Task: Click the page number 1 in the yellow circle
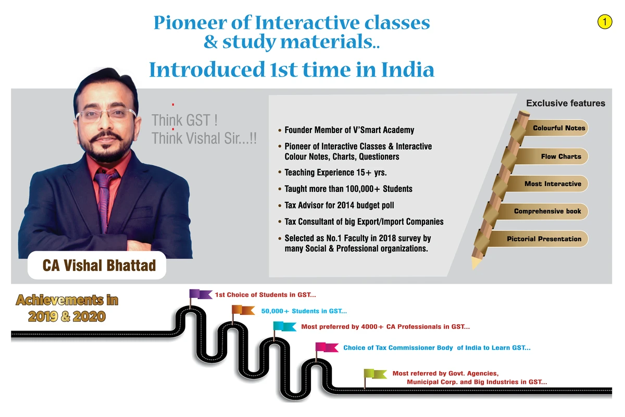pyautogui.click(x=604, y=22)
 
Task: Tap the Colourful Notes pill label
pyautogui.click(x=559, y=128)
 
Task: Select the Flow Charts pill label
pyautogui.click(x=560, y=156)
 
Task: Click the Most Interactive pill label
pyautogui.click(x=553, y=184)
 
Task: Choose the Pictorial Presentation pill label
pyautogui.click(x=544, y=239)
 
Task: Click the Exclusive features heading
pyautogui.click(x=565, y=103)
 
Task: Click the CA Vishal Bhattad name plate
pyautogui.click(x=99, y=266)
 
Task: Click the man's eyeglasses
pyautogui.click(x=106, y=114)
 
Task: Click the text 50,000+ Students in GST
pyautogui.click(x=304, y=311)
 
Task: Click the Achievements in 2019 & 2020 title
pyautogui.click(x=66, y=308)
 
